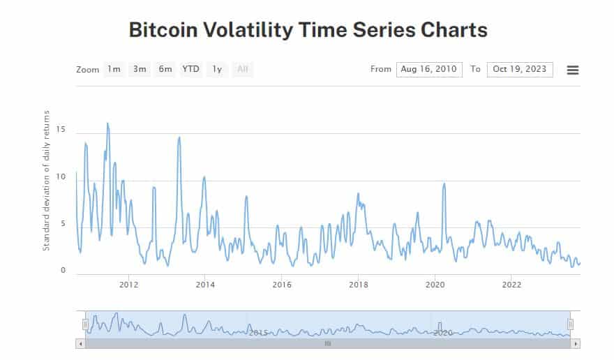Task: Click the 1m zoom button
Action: point(114,69)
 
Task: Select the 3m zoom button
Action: point(140,69)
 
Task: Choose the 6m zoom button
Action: point(165,69)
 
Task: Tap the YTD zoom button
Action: point(190,69)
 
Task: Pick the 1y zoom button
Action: point(217,69)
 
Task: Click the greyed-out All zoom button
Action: point(243,69)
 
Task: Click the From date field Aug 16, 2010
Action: point(429,69)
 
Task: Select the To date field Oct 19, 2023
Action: point(520,69)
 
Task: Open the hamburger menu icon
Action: point(573,70)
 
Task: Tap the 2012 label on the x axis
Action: point(128,284)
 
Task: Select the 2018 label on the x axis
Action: point(358,284)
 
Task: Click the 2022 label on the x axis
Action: point(511,284)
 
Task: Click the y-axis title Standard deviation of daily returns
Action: point(47,180)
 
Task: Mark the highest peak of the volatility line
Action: point(107,123)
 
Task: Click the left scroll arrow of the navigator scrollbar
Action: point(80,344)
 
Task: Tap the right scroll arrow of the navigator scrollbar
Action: point(576,344)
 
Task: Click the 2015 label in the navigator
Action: point(258,333)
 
